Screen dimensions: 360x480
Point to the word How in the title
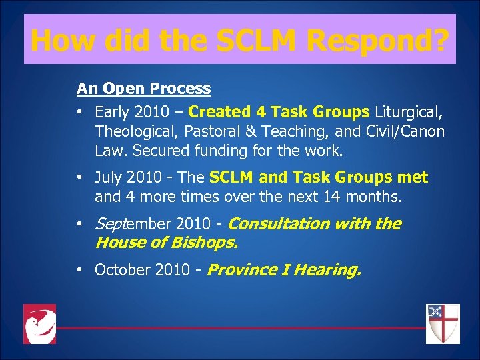pyautogui.click(x=58, y=40)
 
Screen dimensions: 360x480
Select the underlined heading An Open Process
pyautogui.click(x=143, y=89)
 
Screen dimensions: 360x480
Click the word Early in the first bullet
pyautogui.click(x=113, y=112)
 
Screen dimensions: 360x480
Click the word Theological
pyautogui.click(x=135, y=131)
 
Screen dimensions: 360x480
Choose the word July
pyautogui.click(x=109, y=178)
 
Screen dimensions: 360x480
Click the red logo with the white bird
pyautogui.click(x=39, y=324)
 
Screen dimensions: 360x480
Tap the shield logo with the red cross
pyautogui.click(x=443, y=324)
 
